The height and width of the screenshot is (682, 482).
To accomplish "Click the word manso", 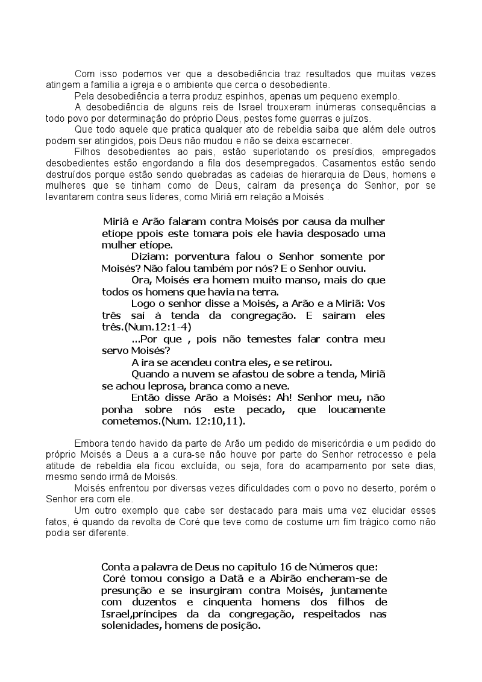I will [x=307, y=280].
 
